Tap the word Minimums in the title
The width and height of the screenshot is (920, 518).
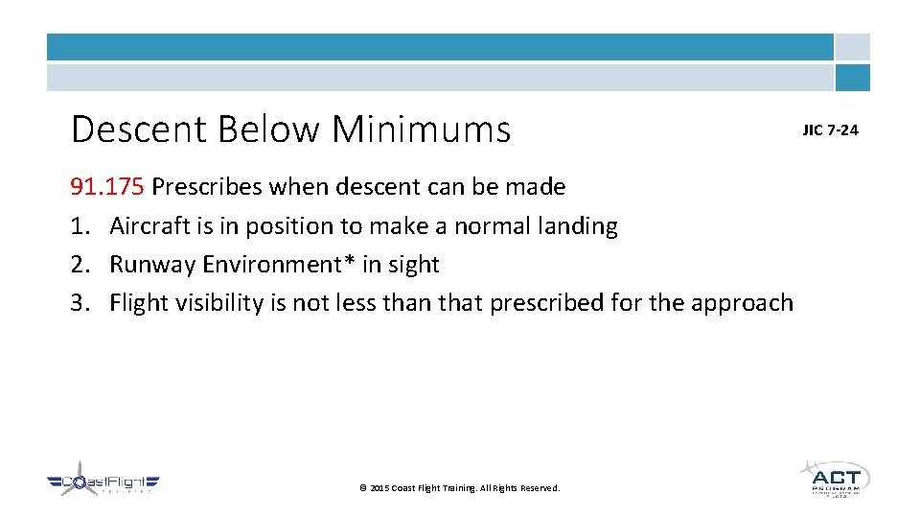[422, 129]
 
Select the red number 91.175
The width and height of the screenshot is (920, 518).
[107, 186]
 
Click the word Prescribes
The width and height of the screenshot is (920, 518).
[207, 186]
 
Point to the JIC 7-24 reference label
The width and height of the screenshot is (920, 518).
[830, 129]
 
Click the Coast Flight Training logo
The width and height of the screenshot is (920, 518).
[103, 483]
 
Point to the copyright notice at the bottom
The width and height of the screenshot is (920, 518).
[459, 488]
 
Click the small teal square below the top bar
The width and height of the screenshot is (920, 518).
[852, 78]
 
